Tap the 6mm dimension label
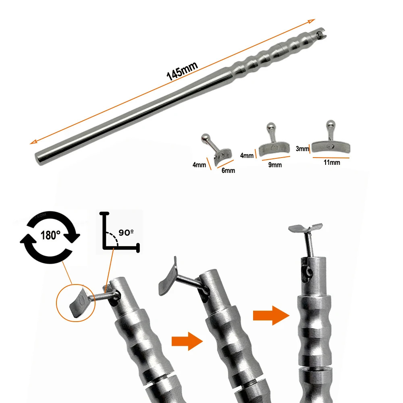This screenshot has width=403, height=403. [x=228, y=170]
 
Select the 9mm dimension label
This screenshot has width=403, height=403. [x=276, y=164]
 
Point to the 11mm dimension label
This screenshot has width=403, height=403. [x=331, y=162]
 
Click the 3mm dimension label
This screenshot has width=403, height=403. [x=302, y=149]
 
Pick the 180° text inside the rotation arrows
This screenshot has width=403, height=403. [x=50, y=235]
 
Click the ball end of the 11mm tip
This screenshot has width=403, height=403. [x=330, y=124]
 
